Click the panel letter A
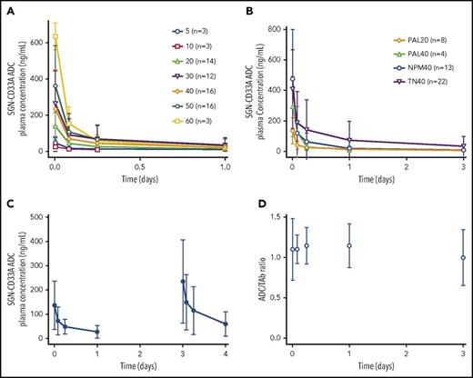[8, 8]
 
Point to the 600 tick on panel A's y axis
[35, 42]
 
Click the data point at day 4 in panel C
[226, 323]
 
